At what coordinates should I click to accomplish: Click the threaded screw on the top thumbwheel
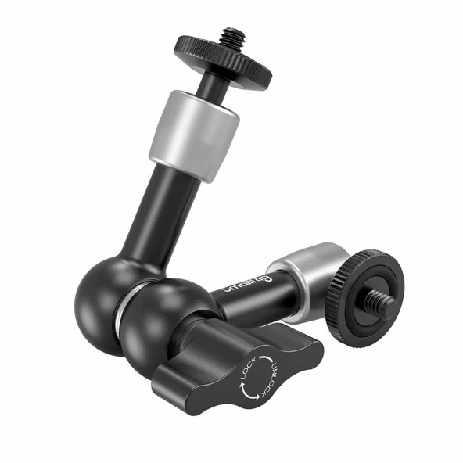pos(234,38)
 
